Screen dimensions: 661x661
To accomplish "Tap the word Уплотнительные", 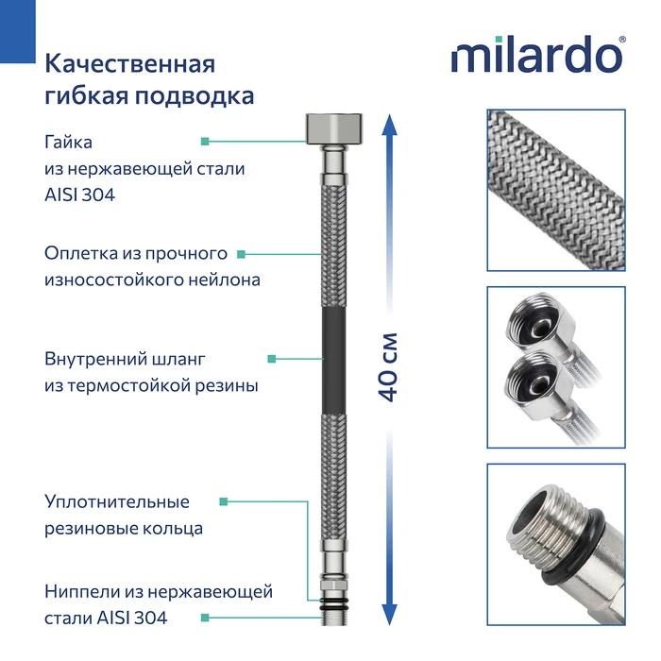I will tap(117, 501).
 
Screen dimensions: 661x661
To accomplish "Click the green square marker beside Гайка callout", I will tap(204, 142).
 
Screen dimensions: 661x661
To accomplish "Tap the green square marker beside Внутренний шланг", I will tap(272, 359).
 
